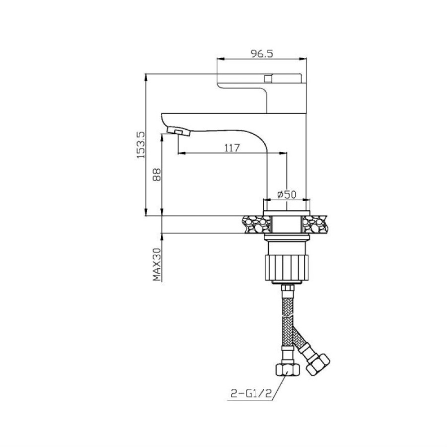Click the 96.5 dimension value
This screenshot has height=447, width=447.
pyautogui.click(x=261, y=53)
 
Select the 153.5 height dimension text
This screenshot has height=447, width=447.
pyautogui.click(x=141, y=145)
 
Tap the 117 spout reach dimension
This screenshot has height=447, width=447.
pyautogui.click(x=232, y=148)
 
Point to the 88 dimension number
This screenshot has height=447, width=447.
pyautogui.click(x=157, y=175)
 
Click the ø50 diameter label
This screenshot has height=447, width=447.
pyautogui.click(x=287, y=194)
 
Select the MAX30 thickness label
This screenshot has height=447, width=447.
pyautogui.click(x=157, y=264)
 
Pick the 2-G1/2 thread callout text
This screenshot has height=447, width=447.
pyautogui.click(x=251, y=394)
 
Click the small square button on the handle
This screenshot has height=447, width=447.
pyautogui.click(x=268, y=78)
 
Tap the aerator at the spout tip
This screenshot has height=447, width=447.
pyautogui.click(x=178, y=132)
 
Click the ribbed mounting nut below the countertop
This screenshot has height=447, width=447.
pyautogui.click(x=287, y=268)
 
